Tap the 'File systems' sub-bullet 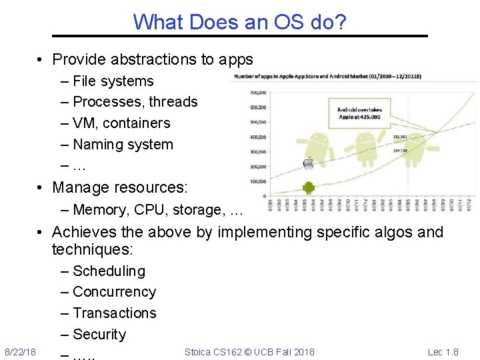(x=113, y=81)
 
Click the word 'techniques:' (x=93, y=250)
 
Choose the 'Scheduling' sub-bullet (x=109, y=271)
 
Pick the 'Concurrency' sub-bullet (x=114, y=292)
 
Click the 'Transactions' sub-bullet (x=114, y=313)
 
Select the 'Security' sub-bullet (x=99, y=335)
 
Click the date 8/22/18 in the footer (x=20, y=352)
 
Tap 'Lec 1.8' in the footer (x=443, y=352)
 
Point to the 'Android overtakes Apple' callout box (x=358, y=113)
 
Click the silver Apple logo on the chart (x=308, y=164)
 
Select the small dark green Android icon (x=308, y=187)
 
